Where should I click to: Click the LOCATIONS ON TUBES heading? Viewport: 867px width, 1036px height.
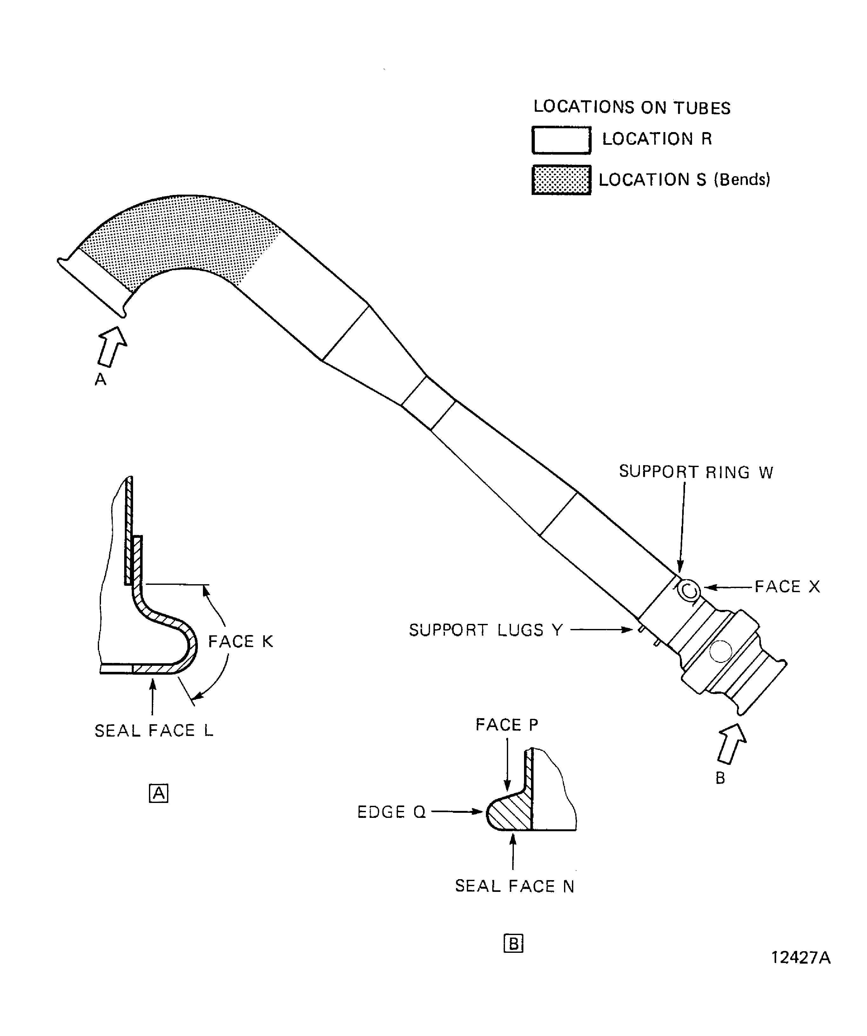632,107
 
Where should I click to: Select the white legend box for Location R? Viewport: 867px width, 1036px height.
561,140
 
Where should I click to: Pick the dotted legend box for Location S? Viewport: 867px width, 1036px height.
561,180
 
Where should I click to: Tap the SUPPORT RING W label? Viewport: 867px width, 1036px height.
696,472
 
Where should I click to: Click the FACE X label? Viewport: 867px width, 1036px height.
787,586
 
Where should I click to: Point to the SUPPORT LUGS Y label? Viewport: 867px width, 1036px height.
486,630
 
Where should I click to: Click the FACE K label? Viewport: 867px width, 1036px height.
240,641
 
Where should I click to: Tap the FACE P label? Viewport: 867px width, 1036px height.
507,725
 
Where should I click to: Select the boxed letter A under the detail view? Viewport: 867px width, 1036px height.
158,793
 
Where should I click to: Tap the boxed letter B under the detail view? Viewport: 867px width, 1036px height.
513,944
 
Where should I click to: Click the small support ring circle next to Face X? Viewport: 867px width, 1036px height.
688,590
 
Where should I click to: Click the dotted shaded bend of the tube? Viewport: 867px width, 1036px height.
183,232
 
